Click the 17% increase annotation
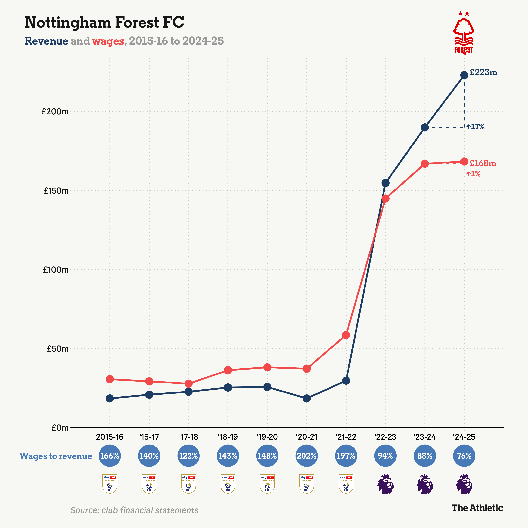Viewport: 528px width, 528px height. pos(476,127)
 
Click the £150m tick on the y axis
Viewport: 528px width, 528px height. pos(56,190)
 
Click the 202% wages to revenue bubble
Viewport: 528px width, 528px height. pos(307,456)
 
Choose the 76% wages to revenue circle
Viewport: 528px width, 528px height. pos(464,456)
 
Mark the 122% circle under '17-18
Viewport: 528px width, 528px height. pos(189,456)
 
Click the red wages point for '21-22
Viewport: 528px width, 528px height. pos(346,335)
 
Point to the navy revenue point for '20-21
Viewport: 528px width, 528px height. pos(307,399)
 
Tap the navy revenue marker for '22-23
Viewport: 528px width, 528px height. pos(385,183)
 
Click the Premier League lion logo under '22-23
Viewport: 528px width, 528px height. pos(385,484)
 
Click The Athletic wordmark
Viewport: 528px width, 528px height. pos(477,508)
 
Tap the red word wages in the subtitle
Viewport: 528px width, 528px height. pos(108,41)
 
